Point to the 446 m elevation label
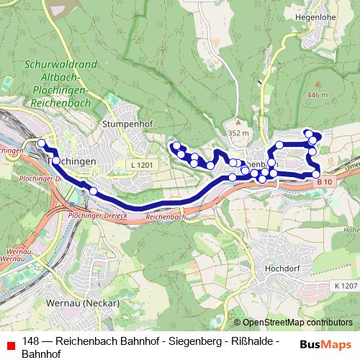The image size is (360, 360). click(318, 94)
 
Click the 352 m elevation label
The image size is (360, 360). click(238, 133)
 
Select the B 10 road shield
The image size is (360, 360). click(324, 183)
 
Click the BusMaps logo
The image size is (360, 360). click(326, 345)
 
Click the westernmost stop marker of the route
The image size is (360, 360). click(41, 145)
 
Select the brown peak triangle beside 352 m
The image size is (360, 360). click(238, 122)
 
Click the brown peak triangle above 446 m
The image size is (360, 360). click(318, 84)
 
